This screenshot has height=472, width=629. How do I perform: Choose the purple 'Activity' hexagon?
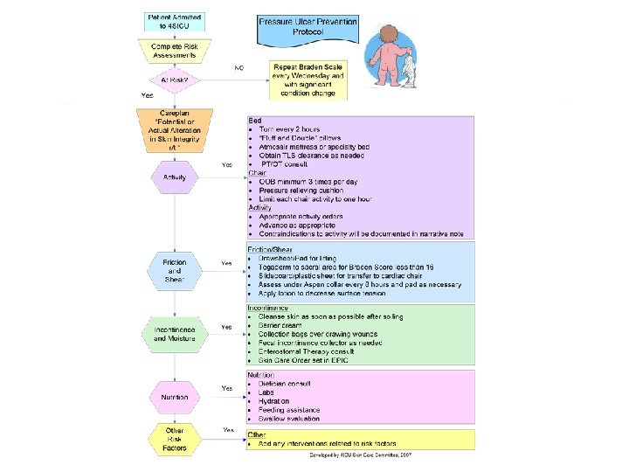pos(174,178)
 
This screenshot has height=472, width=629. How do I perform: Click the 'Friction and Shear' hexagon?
pos(174,270)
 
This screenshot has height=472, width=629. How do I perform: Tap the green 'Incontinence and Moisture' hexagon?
pos(174,333)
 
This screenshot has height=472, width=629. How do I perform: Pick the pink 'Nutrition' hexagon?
pos(174,398)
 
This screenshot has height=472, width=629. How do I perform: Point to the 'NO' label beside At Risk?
pos(238,68)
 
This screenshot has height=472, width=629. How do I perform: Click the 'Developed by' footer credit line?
pos(360,455)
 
